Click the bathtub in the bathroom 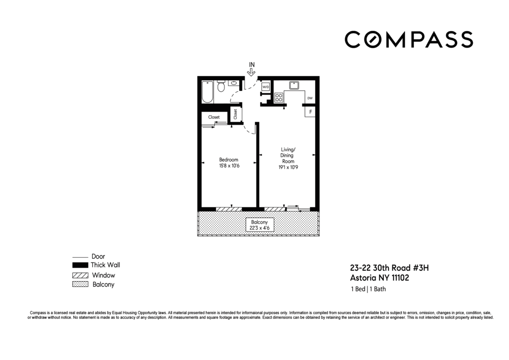[208, 92]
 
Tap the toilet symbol [221, 86]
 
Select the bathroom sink [234, 82]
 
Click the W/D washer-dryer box [265, 87]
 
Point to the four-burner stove [279, 97]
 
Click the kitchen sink [294, 85]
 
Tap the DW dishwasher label [309, 98]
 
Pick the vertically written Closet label [235, 115]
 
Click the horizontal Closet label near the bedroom [214, 117]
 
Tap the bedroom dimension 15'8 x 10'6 [229, 165]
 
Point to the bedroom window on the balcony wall [229, 209]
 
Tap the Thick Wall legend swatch [80, 265]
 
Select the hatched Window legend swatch [80, 275]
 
